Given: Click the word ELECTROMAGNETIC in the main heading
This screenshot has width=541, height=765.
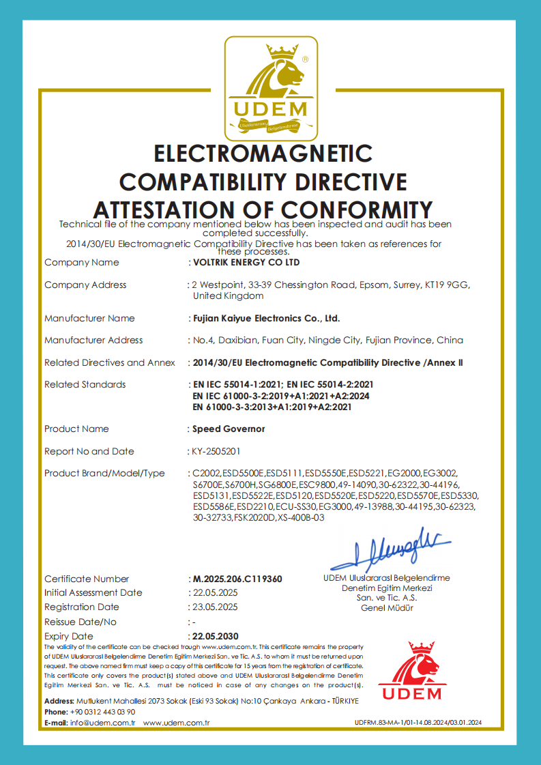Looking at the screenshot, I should coord(263,152).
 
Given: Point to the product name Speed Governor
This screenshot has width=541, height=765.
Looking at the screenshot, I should coord(229,429).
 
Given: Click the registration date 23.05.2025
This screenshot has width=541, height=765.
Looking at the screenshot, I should coord(215,607).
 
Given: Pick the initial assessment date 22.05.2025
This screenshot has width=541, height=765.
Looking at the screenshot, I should coord(215,593).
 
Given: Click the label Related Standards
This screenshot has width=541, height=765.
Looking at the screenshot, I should coord(85,385).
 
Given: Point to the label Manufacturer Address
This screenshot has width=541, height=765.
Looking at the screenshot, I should coord(93,341).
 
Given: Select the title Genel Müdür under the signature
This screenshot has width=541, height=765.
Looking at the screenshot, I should coord(387,608).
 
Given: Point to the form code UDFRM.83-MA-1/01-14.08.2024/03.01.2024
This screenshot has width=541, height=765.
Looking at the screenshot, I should coord(418,723).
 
